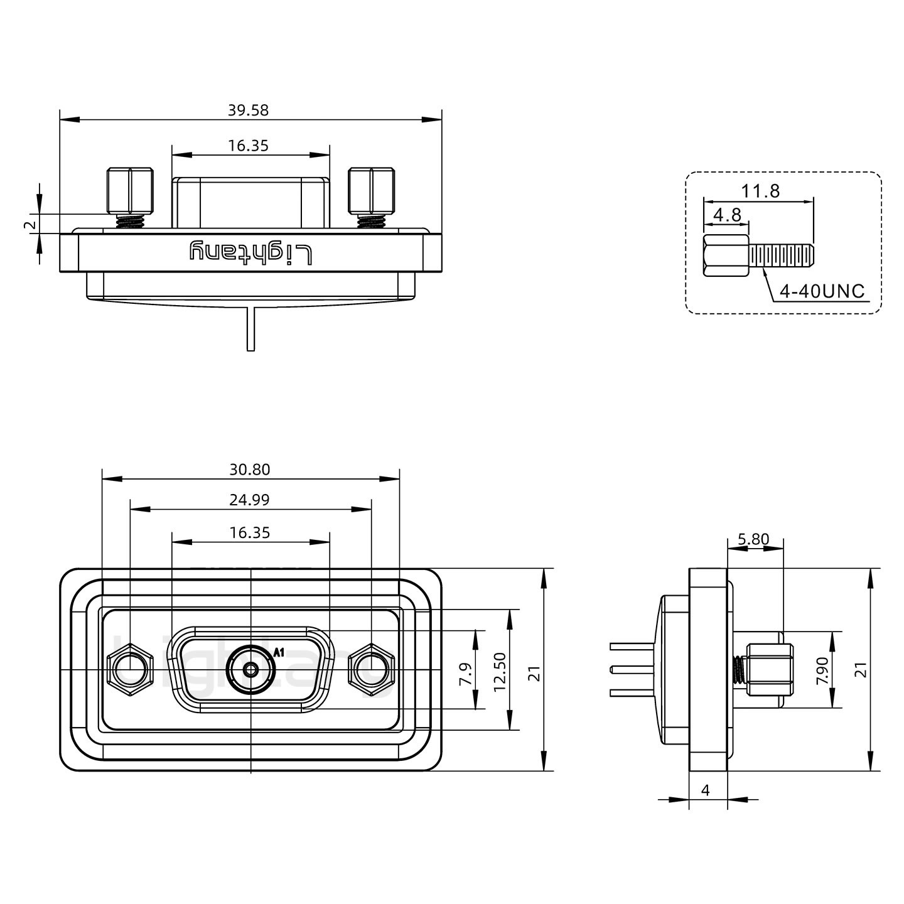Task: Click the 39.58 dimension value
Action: pyautogui.click(x=248, y=110)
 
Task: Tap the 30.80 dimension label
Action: pyautogui.click(x=249, y=470)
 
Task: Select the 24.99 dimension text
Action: pyautogui.click(x=249, y=500)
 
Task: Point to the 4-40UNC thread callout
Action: pyautogui.click(x=822, y=291)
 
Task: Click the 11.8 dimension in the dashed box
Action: pyautogui.click(x=760, y=191)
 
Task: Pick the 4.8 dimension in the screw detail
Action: pyautogui.click(x=727, y=215)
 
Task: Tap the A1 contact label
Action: pyautogui.click(x=279, y=652)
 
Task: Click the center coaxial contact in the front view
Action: pyautogui.click(x=250, y=670)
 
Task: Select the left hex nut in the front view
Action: pyautogui.click(x=130, y=670)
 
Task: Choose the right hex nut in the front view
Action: pyautogui.click(x=371, y=670)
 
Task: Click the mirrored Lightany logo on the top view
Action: pyautogui.click(x=250, y=252)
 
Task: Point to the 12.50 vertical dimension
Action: pyautogui.click(x=500, y=671)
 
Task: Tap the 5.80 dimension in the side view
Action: pyautogui.click(x=753, y=539)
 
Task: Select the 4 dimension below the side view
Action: pyautogui.click(x=705, y=790)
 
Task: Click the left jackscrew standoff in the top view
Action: pyautogui.click(x=130, y=190)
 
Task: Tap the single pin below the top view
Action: pyautogui.click(x=251, y=329)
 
